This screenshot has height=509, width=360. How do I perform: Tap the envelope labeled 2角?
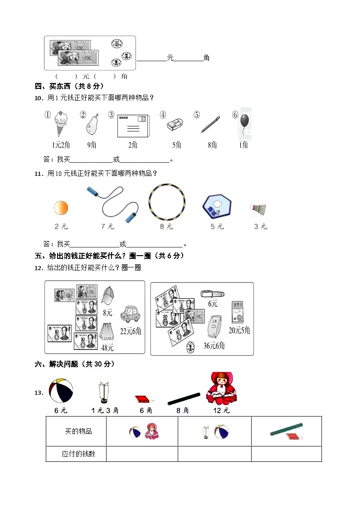pyautogui.click(x=132, y=125)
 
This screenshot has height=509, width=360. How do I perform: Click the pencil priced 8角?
pyautogui.click(x=210, y=125)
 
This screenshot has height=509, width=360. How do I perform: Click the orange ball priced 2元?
pyautogui.click(x=61, y=208)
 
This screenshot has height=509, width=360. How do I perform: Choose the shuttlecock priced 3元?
pyautogui.click(x=258, y=209)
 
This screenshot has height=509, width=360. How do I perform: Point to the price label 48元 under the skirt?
pyautogui.click(x=108, y=348)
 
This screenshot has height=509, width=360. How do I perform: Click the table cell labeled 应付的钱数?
pyautogui.click(x=76, y=454)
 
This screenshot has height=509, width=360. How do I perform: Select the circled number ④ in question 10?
pyautogui.click(x=163, y=115)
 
